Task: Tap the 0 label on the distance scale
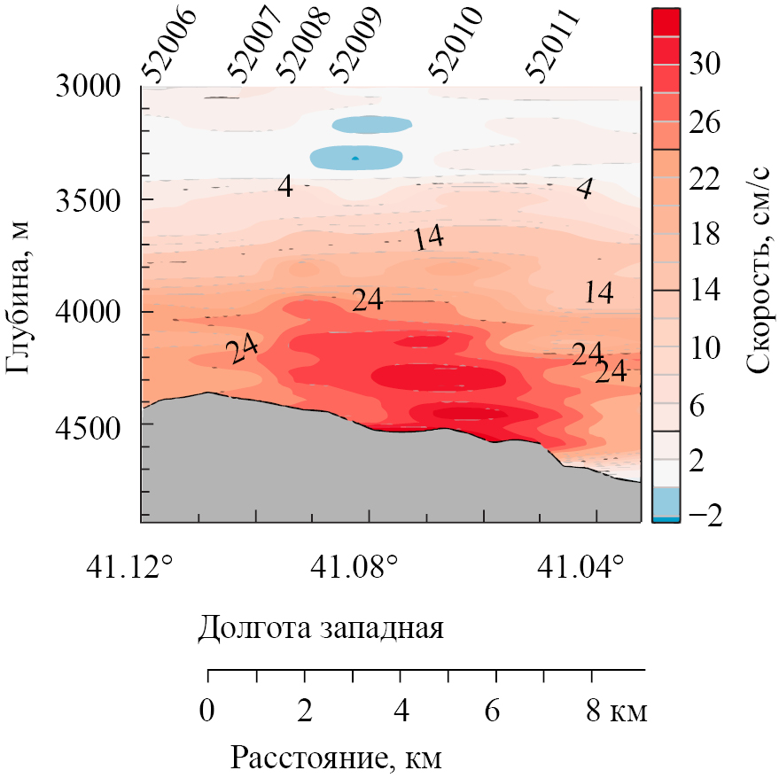pos(207,711)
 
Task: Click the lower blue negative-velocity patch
pos(355,158)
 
